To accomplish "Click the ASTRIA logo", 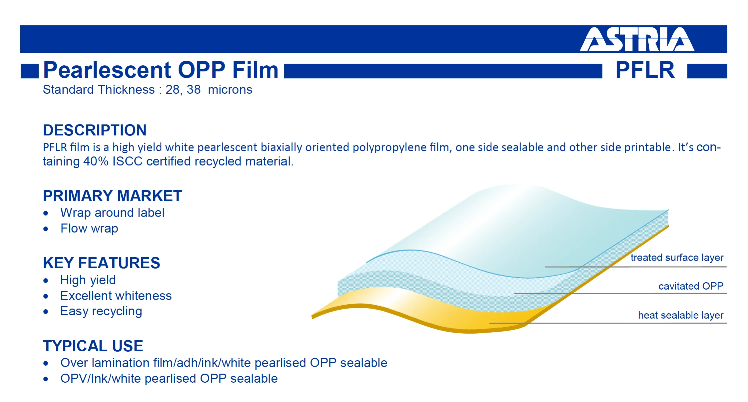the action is click(637, 39).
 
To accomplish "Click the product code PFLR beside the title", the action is click(645, 70).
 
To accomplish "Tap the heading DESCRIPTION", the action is click(95, 130).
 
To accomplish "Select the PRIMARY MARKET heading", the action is click(112, 196).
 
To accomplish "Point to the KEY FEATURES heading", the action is click(102, 263).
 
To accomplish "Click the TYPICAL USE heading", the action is click(93, 346).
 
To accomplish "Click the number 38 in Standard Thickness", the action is click(194, 89).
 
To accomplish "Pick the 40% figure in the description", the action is click(96, 161).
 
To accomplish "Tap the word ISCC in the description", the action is click(128, 161).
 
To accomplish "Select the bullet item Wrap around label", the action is click(112, 213).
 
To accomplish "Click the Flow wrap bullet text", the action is click(89, 229).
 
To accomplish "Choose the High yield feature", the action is click(88, 280).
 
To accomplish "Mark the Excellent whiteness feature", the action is click(116, 296).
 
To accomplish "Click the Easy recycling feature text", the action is click(101, 311).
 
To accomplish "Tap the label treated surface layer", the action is click(677, 258).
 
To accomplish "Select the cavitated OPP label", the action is click(691, 286).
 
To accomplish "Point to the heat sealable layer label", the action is click(681, 315).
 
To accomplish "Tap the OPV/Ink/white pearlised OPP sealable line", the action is click(169, 379).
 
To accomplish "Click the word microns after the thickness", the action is click(230, 89).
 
